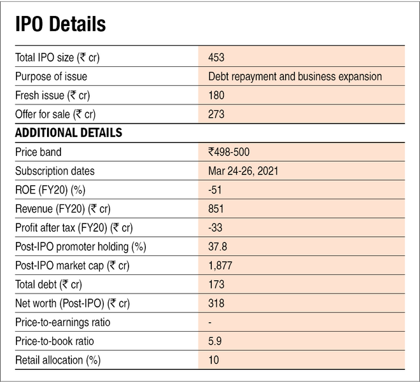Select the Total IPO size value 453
[x=216, y=57]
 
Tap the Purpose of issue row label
[x=51, y=76]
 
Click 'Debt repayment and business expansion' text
[x=295, y=76]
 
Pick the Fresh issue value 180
[x=216, y=95]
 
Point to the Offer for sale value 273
[x=216, y=115]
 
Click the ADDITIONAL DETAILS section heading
[x=68, y=133]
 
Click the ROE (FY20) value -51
[x=214, y=190]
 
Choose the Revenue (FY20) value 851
[x=216, y=209]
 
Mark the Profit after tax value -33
[x=214, y=227]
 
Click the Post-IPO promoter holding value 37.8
[x=218, y=246]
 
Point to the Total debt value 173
[x=216, y=284]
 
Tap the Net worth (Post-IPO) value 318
[x=216, y=303]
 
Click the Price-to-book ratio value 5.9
[x=214, y=341]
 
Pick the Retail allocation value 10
[x=213, y=360]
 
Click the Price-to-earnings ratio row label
[x=62, y=322]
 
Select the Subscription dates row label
[x=55, y=171]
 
